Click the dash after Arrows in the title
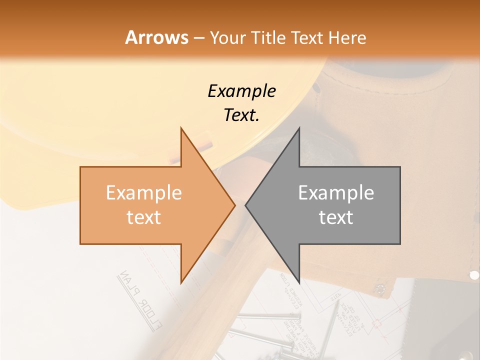pos(199,38)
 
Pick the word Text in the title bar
pos(307,38)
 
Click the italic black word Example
pos(241,91)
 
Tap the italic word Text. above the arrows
pos(241,115)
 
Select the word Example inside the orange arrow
pos(144,193)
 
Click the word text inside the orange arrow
pos(144,217)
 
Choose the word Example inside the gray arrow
pos(336,193)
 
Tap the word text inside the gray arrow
pos(336,217)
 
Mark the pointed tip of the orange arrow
pos(234,205)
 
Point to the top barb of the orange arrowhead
pos(181,129)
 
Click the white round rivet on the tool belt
pos(474,274)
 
